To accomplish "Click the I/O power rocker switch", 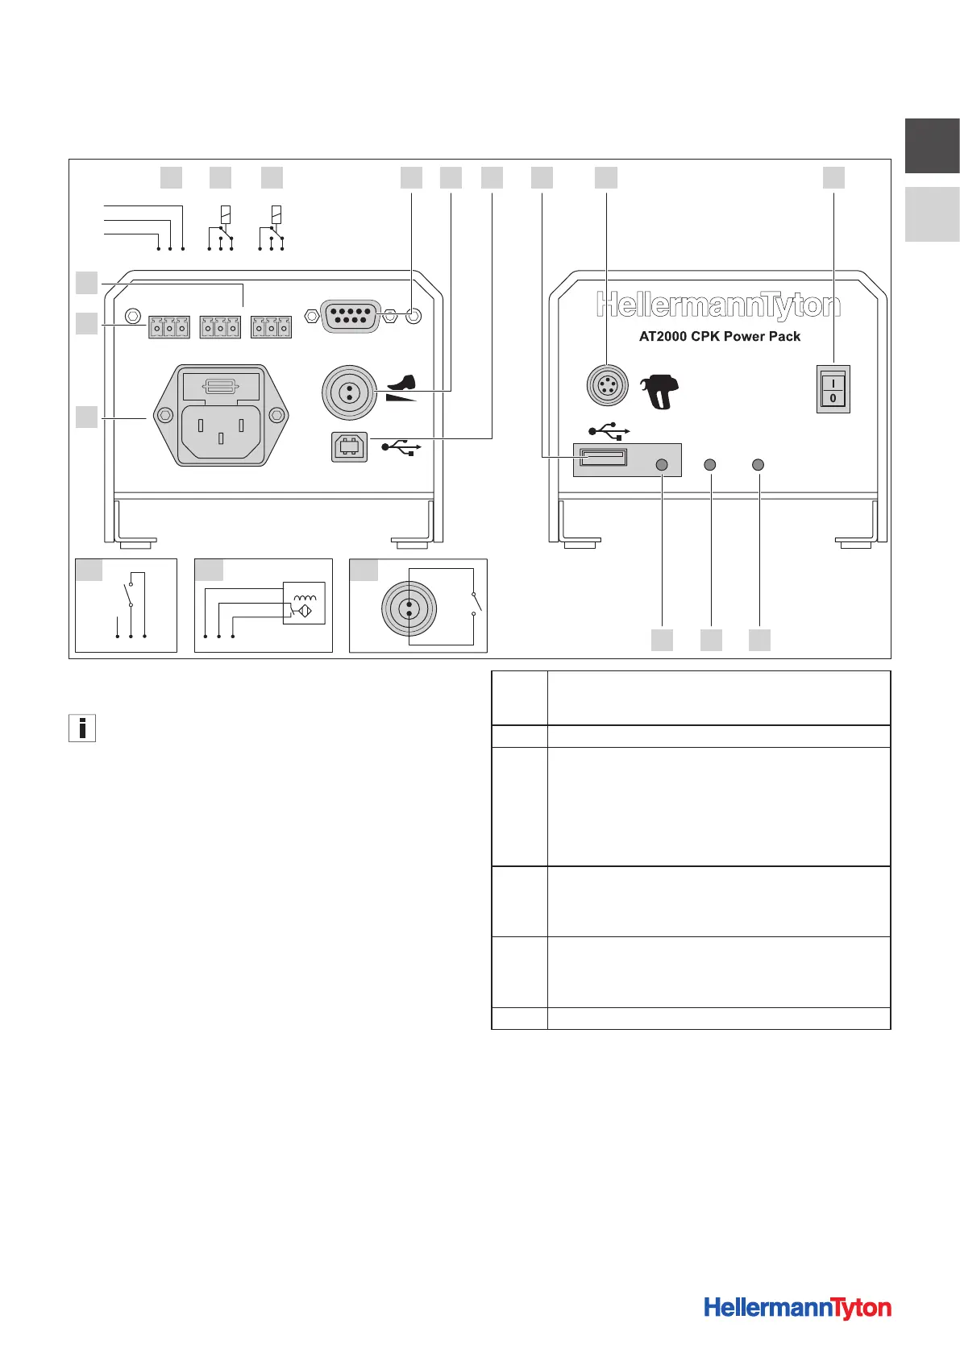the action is (833, 389).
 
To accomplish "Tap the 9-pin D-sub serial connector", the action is (350, 316).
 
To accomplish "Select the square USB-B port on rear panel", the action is (349, 447).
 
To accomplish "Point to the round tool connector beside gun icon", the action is (606, 385).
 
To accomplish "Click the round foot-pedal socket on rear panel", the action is (349, 392).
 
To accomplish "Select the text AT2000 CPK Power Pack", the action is (720, 337).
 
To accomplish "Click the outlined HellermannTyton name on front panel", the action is (718, 305).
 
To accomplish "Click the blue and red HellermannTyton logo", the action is (797, 1307).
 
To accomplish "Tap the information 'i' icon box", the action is (82, 728).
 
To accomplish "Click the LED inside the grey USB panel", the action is (663, 465).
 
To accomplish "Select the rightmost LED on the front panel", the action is (758, 465).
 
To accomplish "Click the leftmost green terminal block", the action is (169, 328).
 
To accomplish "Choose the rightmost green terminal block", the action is (272, 328).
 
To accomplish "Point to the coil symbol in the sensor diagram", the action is (305, 598).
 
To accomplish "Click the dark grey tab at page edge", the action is (932, 146).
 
